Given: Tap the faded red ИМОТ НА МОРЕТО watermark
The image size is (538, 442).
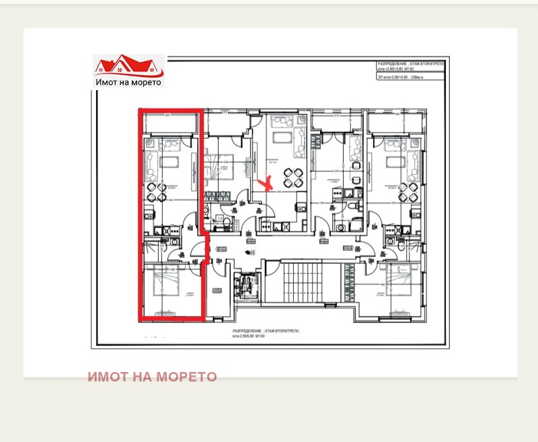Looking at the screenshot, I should coord(152,377).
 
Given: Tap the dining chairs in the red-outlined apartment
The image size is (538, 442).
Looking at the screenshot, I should coord(156,192).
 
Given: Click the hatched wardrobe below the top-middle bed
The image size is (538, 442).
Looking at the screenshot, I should coord(217,196).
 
